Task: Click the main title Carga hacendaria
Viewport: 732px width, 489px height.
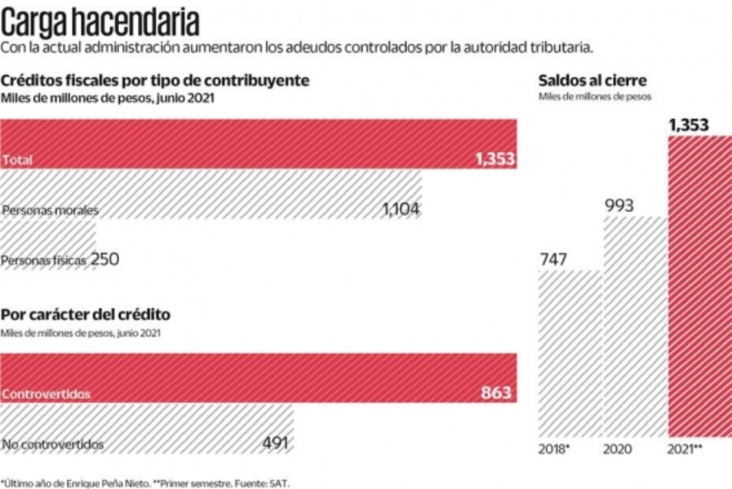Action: coord(100,19)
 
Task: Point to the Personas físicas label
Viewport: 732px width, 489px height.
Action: coord(44,259)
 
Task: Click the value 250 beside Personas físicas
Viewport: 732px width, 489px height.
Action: coord(105,258)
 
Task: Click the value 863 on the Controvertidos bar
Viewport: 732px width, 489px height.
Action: coord(495,392)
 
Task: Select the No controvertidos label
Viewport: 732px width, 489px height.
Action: coord(53,444)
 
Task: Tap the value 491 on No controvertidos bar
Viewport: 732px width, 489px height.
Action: coord(275,442)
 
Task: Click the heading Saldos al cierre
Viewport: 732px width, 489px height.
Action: coord(592,80)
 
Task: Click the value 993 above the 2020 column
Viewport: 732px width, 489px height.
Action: coord(619,205)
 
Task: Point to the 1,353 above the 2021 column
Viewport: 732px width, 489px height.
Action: coord(689,125)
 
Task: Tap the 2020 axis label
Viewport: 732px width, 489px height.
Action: coord(618,450)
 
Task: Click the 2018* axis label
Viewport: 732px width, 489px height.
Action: coord(555,450)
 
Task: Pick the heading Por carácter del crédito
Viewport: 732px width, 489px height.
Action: coord(85,315)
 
